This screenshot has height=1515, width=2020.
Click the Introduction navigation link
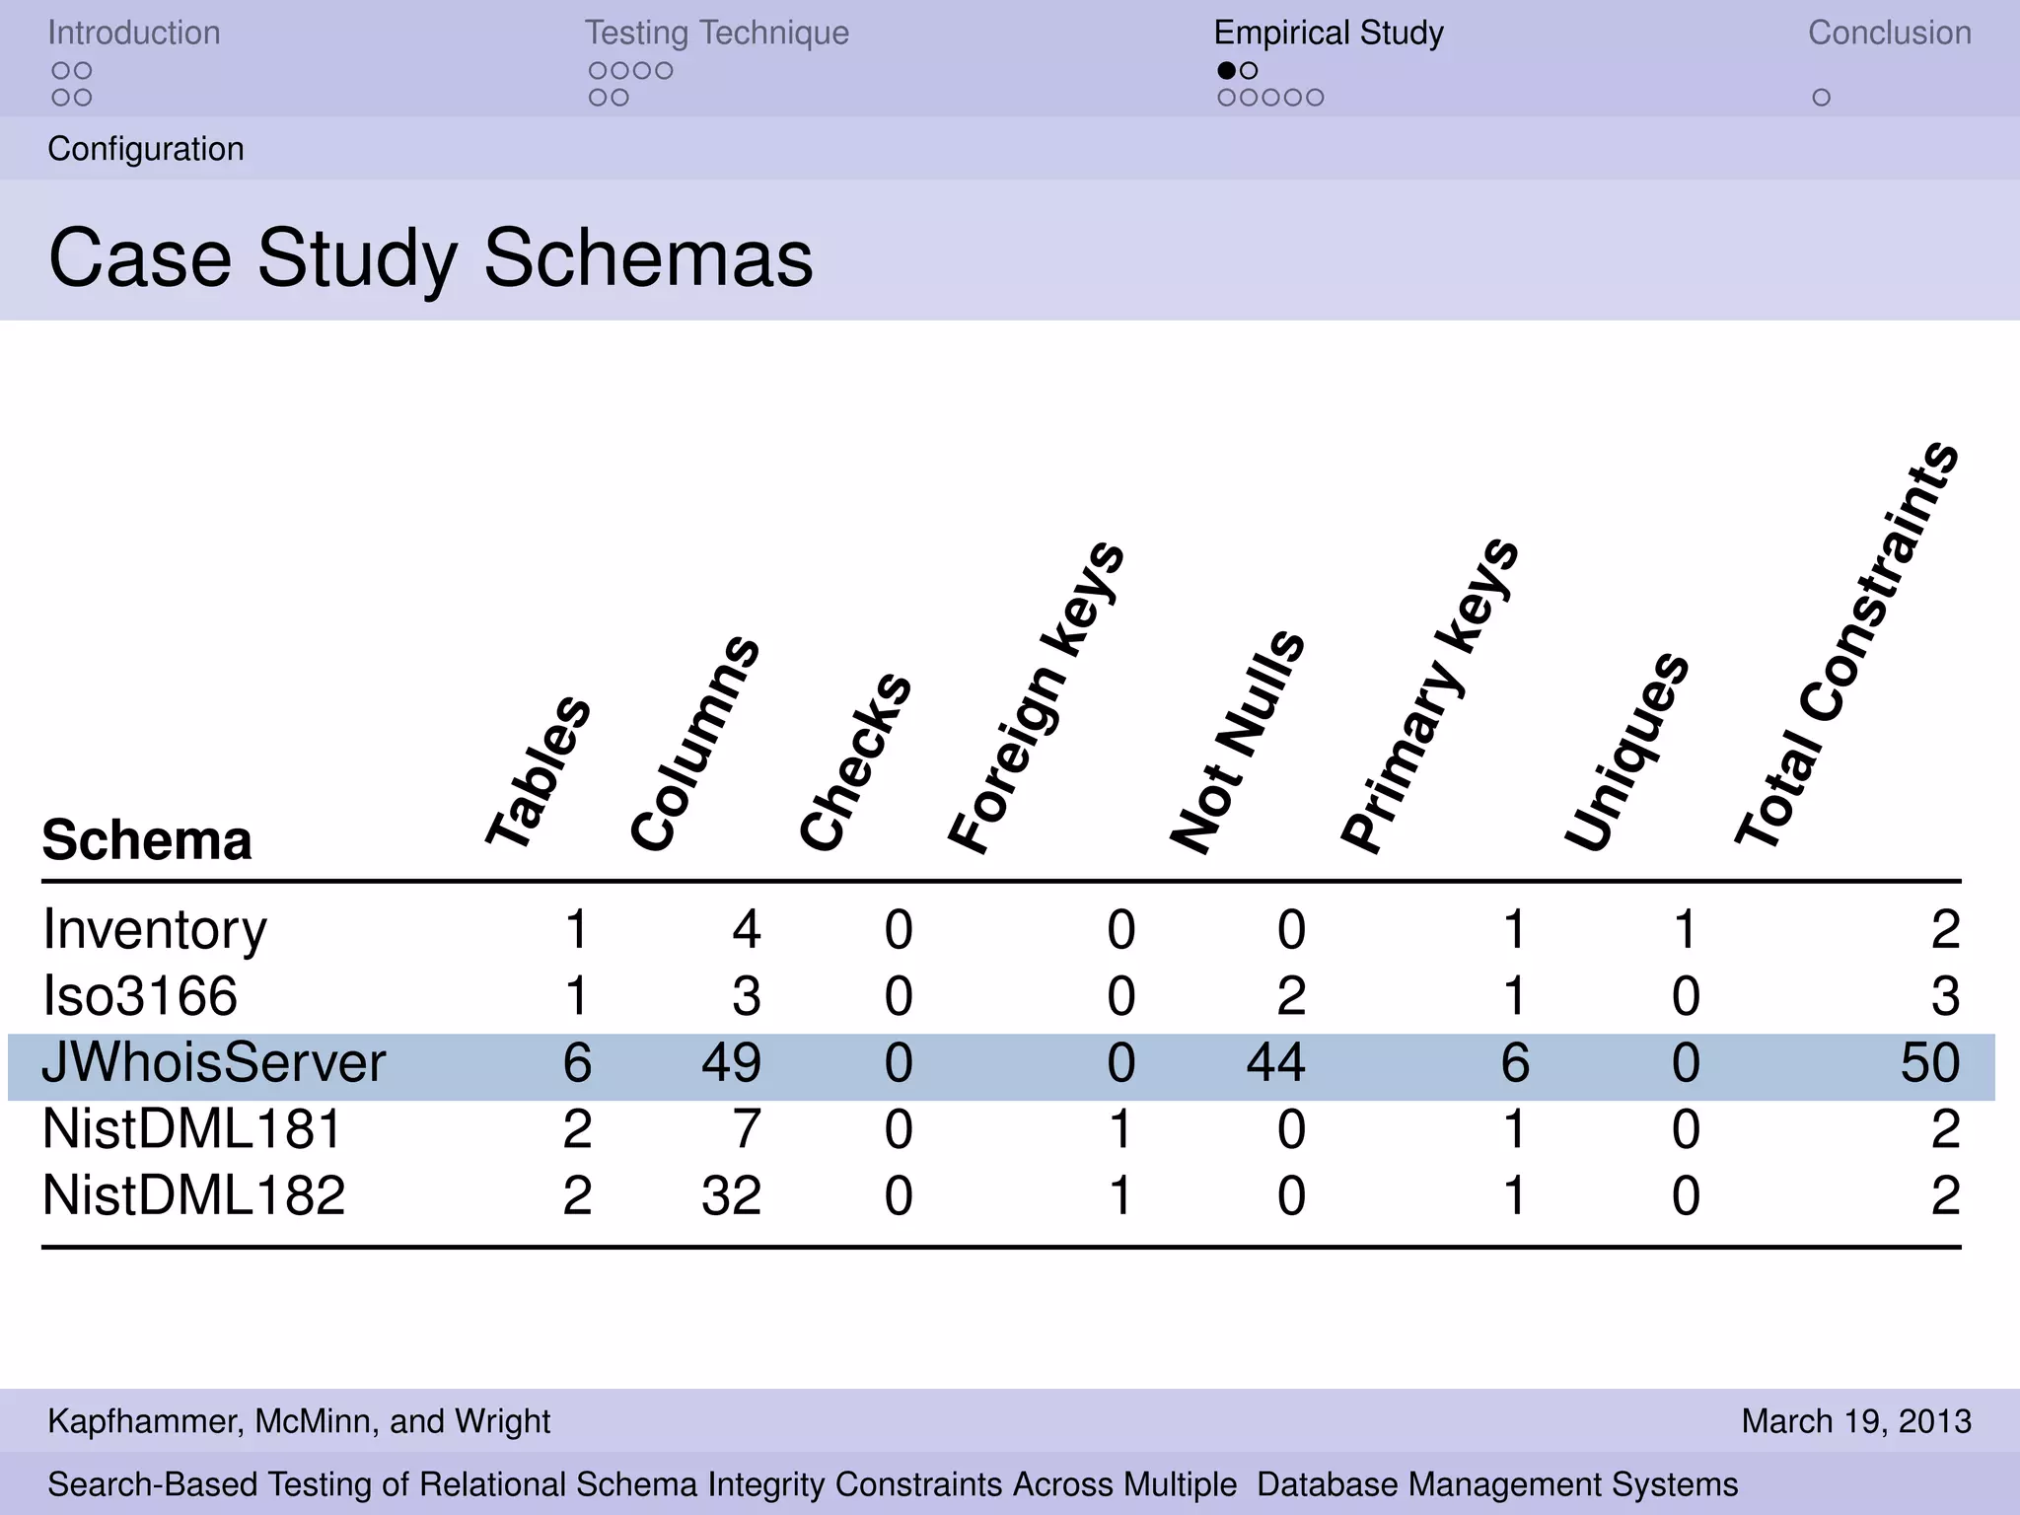click(134, 33)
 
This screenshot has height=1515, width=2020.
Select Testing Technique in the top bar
click(716, 33)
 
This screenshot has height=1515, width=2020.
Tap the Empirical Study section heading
click(1329, 33)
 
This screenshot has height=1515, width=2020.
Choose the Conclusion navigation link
click(1889, 33)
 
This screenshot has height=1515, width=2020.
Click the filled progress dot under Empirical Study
click(1226, 70)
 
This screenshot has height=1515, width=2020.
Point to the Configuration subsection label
click(146, 149)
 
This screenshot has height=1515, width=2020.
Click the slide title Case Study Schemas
click(431, 257)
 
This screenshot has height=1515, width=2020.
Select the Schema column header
click(147, 840)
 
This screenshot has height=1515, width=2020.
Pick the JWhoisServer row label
click(214, 1063)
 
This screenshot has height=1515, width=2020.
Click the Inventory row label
click(155, 930)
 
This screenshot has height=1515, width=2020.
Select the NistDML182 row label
click(194, 1195)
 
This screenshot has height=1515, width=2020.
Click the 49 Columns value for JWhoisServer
click(731, 1063)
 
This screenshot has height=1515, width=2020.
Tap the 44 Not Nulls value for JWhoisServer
click(1275, 1063)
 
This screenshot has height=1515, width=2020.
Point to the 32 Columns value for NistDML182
click(731, 1195)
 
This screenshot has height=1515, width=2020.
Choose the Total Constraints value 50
click(1929, 1063)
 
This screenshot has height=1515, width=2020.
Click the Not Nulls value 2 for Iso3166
click(1290, 996)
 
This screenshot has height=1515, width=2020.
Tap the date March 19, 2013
click(1856, 1421)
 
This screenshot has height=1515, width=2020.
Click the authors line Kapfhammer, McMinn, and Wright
click(299, 1421)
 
